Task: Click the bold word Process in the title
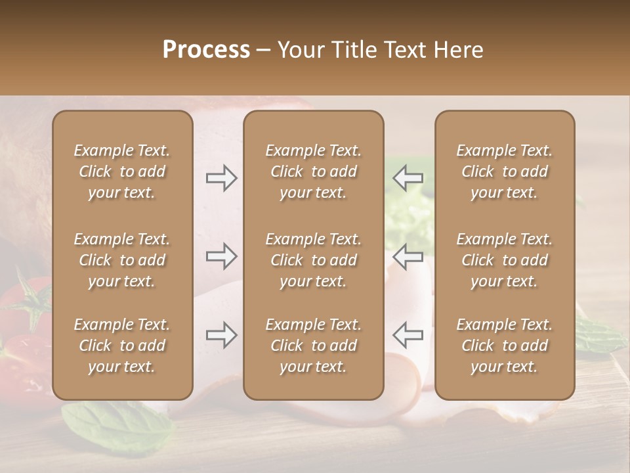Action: point(206,50)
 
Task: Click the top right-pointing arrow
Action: point(221,178)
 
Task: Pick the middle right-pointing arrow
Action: point(221,257)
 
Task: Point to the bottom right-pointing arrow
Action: point(221,335)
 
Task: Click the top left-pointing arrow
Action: point(408,178)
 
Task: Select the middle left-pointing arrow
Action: point(408,257)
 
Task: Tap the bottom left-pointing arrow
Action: point(408,335)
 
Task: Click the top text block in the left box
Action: point(122,171)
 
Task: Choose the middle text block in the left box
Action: point(122,260)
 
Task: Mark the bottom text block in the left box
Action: point(122,346)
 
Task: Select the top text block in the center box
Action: point(313,171)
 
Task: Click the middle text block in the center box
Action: point(313,260)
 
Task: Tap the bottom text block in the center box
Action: point(313,346)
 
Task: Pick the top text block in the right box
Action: point(504,171)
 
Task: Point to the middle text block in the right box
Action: point(504,260)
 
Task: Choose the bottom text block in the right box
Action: point(504,346)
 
